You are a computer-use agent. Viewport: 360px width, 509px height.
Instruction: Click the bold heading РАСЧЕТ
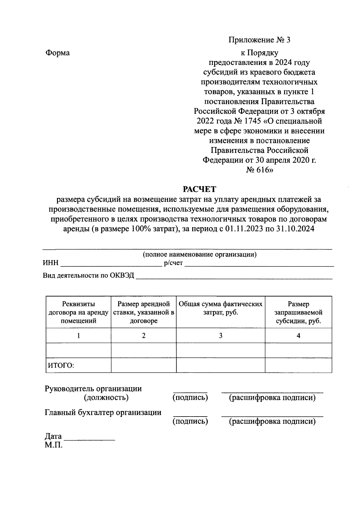(199, 189)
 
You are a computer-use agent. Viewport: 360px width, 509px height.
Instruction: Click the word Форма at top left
(57, 53)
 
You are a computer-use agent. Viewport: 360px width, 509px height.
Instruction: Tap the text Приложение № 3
(259, 40)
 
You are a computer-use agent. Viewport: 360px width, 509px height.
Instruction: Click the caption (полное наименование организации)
(199, 255)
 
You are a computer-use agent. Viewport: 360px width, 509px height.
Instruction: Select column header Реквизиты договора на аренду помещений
(78, 312)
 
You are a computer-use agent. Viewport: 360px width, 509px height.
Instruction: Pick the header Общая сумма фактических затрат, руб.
(220, 308)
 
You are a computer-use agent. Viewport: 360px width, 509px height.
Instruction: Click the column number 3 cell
(220, 336)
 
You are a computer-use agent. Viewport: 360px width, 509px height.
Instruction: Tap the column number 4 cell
(298, 336)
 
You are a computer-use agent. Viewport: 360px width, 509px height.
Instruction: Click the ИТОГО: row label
(61, 366)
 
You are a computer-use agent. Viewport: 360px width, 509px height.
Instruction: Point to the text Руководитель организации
(93, 389)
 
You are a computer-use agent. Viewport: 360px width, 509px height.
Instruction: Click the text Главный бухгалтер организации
(103, 413)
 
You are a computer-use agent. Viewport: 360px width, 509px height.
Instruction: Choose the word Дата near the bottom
(53, 436)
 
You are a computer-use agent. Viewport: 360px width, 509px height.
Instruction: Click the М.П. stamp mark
(54, 445)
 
